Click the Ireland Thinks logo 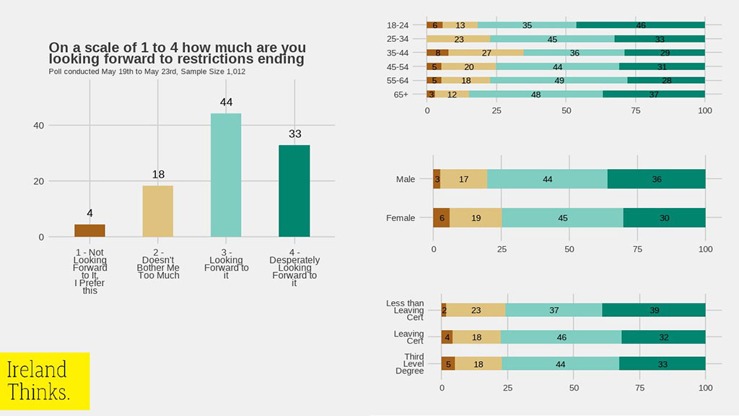(x=45, y=381)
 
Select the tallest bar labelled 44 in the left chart (x=226, y=175)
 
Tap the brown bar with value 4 (x=89, y=230)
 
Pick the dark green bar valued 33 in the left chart (x=294, y=191)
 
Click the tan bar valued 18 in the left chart (x=157, y=211)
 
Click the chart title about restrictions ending (x=176, y=53)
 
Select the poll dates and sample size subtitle (x=148, y=71)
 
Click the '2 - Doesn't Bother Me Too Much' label (x=157, y=267)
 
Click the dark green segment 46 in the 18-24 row (x=640, y=25)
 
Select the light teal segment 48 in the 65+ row (x=535, y=94)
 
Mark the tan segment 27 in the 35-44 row (x=486, y=53)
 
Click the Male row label (x=406, y=179)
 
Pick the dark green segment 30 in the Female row (x=664, y=217)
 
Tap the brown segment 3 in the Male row (x=437, y=179)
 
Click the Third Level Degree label (x=410, y=363)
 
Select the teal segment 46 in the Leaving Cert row (x=561, y=337)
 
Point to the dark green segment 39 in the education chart (x=653, y=310)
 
